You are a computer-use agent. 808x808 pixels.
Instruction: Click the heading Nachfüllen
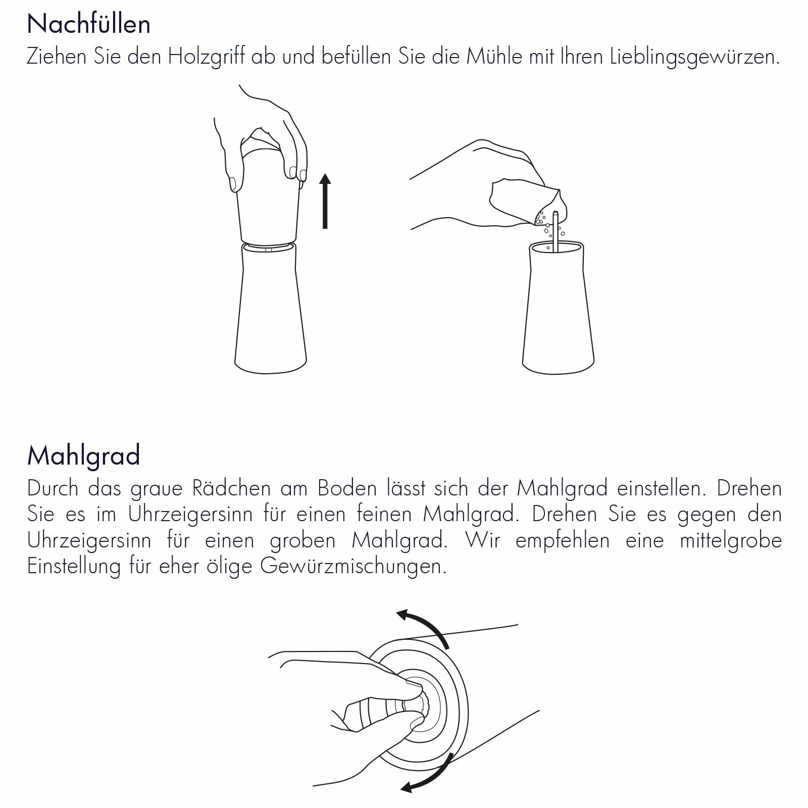pos(89,24)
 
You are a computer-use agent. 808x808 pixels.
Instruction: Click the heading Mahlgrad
pos(83,456)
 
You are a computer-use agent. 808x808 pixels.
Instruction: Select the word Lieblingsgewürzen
pos(695,57)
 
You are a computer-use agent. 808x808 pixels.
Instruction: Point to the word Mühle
pos(494,56)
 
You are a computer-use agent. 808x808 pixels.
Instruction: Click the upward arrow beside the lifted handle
pos(325,201)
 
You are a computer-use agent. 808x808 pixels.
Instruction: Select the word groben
pos(302,541)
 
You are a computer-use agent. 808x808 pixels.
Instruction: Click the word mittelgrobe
pos(731,541)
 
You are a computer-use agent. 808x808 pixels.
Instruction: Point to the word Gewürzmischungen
pos(353,567)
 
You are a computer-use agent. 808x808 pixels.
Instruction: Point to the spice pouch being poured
pos(525,202)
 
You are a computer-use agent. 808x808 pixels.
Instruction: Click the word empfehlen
pos(562,541)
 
